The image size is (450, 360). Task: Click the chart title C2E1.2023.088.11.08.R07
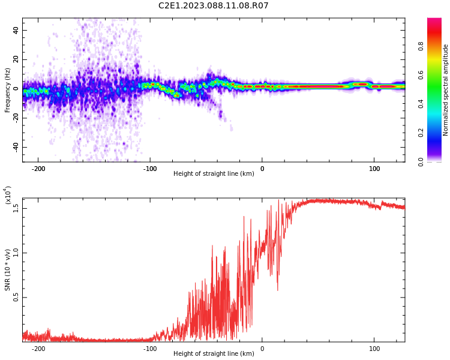coord(214,5)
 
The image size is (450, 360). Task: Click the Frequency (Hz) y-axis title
coord(7,90)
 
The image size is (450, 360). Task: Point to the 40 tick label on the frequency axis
coord(16,30)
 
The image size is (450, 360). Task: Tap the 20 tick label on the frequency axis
coord(16,59)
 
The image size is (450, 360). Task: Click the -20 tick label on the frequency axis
coord(16,119)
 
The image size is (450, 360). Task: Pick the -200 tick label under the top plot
coord(38,169)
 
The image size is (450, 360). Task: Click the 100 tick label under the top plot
coord(374,169)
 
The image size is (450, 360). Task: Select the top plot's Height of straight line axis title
coord(214,173)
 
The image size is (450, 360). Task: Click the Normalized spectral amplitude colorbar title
coord(445,90)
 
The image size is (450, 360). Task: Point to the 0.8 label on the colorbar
coord(421,46)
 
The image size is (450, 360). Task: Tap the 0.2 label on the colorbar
coord(421,133)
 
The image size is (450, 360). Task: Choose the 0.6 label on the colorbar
coord(421,75)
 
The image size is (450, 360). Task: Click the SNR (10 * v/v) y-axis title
coord(7,270)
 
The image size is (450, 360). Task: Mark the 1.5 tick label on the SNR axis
coord(16,208)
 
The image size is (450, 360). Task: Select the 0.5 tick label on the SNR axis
coord(16,298)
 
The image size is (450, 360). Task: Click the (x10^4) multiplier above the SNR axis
coord(8,195)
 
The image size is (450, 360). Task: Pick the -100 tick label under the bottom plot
coord(150,349)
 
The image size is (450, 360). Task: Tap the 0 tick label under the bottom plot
coord(262,349)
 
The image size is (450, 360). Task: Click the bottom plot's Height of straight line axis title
coord(214,353)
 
